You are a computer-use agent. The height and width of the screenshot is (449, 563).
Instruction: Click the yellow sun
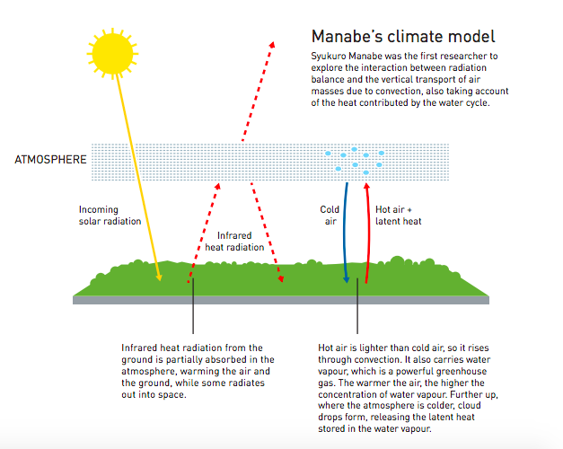coord(113,54)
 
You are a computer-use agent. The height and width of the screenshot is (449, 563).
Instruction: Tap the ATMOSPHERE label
coord(50,160)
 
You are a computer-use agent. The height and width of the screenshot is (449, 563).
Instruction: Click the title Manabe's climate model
coord(403,37)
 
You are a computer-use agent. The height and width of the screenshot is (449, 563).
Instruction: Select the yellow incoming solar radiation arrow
coord(138,178)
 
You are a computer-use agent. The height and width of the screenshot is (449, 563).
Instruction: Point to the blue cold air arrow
coord(345,233)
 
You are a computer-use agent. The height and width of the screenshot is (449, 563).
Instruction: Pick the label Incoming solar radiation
coord(110,216)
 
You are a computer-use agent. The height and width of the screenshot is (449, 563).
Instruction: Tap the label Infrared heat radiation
coord(234,242)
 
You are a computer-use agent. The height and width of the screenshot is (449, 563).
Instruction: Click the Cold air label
coord(330,216)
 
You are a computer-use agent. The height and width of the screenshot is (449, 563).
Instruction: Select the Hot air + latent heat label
coord(398,216)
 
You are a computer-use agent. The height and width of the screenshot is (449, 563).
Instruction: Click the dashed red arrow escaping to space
coord(258,92)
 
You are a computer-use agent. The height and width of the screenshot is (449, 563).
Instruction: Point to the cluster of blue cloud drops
coord(355,161)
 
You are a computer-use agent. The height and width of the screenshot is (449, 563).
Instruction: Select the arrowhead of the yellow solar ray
coord(159,277)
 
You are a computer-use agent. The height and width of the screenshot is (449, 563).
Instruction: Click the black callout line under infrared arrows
coord(193,306)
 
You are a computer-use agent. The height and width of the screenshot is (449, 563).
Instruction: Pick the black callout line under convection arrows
coord(357,306)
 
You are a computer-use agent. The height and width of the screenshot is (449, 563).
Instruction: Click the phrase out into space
coord(154,394)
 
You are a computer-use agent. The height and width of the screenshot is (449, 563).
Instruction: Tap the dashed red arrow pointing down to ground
coord(267,233)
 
